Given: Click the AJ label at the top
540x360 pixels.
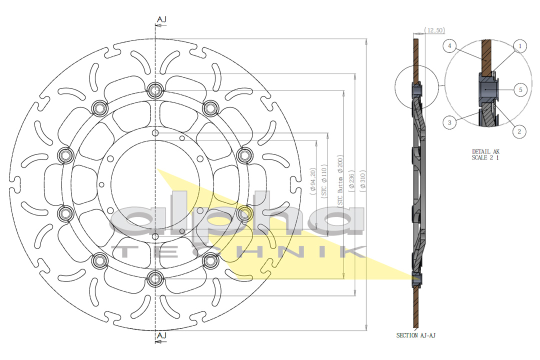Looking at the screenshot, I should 161,19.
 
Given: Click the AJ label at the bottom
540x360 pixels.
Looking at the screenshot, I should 161,335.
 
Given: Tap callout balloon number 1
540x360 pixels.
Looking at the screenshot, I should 519,46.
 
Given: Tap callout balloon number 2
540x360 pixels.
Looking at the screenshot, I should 519,131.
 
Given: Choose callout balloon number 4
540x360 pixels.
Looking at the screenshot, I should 450,46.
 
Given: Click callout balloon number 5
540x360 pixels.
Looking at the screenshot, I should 520,90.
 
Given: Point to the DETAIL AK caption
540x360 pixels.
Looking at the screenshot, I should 485,151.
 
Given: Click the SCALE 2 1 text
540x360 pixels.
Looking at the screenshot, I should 485,157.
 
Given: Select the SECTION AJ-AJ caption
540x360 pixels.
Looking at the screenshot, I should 416,335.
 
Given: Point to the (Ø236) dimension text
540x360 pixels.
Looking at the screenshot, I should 351,180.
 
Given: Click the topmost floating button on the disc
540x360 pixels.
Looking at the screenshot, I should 155,90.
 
